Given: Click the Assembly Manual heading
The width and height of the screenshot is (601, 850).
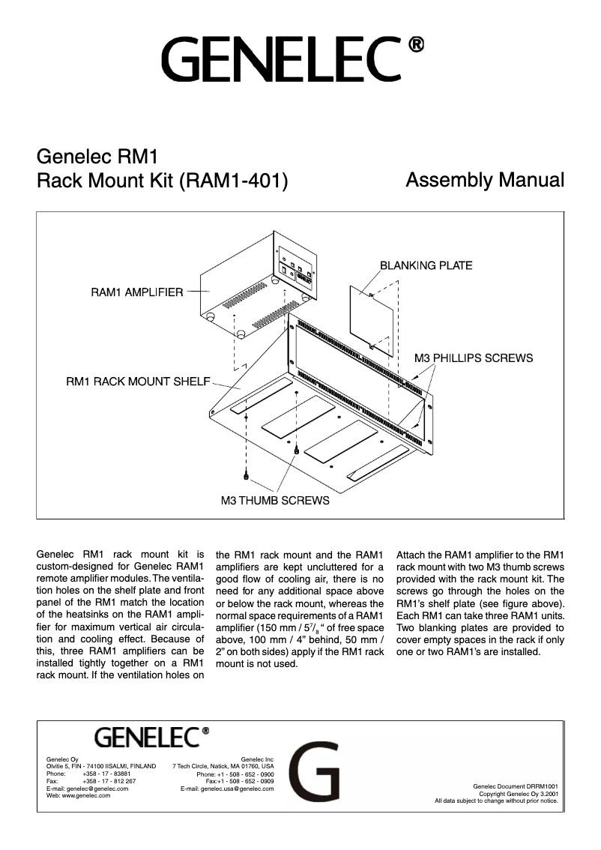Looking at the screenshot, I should [x=484, y=181].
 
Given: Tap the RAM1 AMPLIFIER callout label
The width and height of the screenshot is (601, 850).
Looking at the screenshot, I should [x=136, y=292].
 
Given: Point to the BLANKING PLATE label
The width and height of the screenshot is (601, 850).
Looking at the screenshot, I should [x=426, y=265].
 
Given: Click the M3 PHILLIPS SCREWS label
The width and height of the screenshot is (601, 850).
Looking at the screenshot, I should [x=474, y=358].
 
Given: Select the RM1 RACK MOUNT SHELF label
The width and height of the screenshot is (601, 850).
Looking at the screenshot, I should [x=138, y=382].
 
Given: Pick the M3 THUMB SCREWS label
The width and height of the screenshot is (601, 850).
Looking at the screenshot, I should [x=275, y=500].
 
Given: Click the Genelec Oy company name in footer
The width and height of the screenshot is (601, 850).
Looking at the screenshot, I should [x=62, y=759].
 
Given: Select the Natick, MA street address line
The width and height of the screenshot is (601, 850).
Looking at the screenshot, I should [x=223, y=766].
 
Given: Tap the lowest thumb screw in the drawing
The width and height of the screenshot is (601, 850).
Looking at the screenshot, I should [x=247, y=476].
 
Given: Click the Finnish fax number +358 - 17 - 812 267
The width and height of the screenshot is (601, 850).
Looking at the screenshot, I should [x=109, y=780].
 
